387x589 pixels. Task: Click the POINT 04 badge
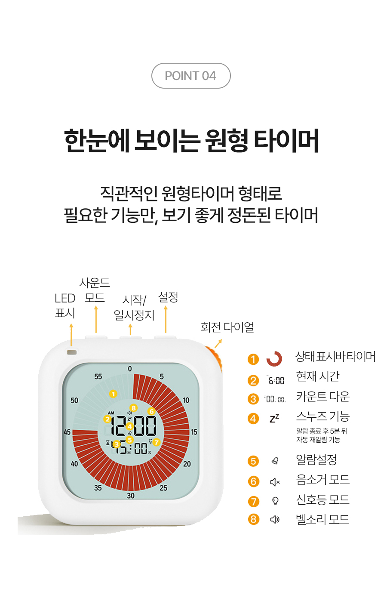coord(191,76)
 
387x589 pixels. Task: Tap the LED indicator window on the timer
coord(72,352)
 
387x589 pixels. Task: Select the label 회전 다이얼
coord(227,327)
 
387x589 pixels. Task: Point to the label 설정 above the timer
coord(168,298)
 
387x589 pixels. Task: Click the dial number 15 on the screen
coord(194,432)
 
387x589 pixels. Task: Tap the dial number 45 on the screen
coord(67,432)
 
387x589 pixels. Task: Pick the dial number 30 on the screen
coord(131,496)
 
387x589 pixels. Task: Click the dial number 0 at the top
coord(130,369)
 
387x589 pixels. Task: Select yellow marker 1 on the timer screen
coord(113,394)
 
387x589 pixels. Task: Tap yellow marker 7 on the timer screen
coord(157,442)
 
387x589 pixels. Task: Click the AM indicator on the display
coord(111,413)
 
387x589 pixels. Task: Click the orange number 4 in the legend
coord(253,419)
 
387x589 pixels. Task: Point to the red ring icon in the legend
coord(274,359)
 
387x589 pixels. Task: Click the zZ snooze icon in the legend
coord(274,418)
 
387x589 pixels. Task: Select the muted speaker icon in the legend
coord(275,482)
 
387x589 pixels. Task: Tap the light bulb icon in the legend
coord(275,501)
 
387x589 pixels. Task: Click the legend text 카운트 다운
coord(323,396)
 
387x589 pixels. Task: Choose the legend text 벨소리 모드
coord(322,519)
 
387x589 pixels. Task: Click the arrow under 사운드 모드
coord(96,319)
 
